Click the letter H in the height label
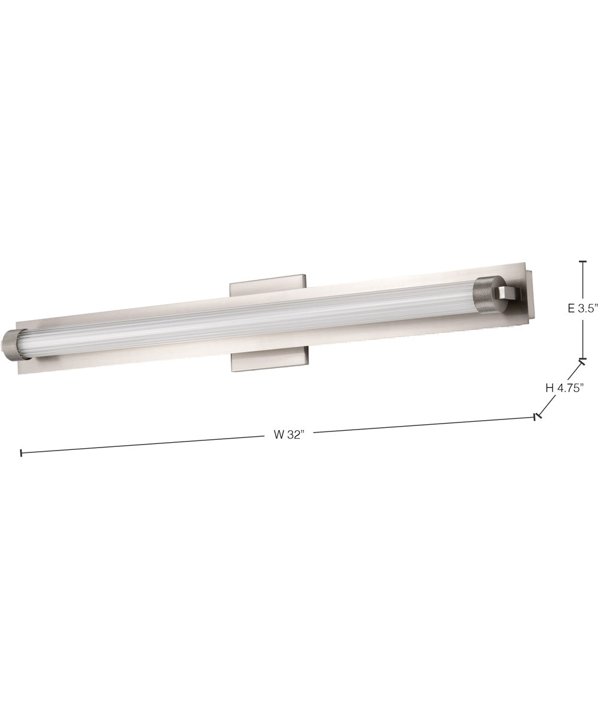pos(549,388)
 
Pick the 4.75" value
pos(570,388)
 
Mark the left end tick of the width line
pos(22,453)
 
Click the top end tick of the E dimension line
pos(583,261)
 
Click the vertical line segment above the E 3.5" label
pos(583,281)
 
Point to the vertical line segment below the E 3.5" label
pos(583,338)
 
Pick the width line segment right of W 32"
pos(419,425)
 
